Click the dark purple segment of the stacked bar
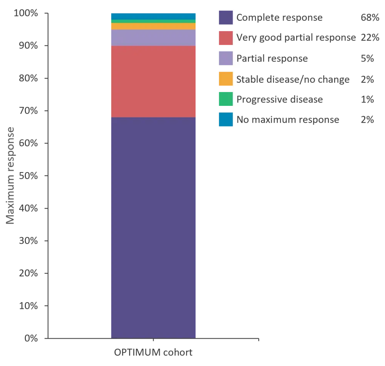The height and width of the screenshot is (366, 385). [154, 227]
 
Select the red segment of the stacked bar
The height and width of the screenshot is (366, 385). [154, 81]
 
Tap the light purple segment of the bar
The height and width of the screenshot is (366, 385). [154, 38]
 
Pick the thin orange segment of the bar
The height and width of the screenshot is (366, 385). [154, 26]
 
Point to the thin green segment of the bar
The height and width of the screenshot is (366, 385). [154, 21]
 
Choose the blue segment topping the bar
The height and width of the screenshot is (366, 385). [154, 16]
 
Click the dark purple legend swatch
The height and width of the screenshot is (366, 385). [226, 18]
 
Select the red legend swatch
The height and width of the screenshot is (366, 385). [226, 38]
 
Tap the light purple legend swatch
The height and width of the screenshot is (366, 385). [226, 58]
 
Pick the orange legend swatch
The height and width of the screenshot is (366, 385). [226, 79]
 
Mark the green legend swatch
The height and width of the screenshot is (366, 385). [226, 99]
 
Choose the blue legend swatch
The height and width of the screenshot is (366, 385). [226, 119]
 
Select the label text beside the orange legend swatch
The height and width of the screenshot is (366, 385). [293, 79]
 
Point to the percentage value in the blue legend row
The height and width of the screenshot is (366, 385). [368, 119]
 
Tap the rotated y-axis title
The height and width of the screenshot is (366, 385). [11, 175]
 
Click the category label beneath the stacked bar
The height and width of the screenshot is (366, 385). [154, 353]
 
